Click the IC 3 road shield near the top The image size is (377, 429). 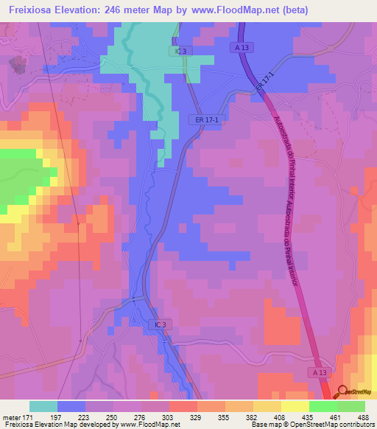[x=182, y=52]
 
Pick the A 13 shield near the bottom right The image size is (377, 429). [x=319, y=373]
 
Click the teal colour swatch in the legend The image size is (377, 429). [x=43, y=406]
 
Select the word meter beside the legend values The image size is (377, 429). [x=12, y=416]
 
